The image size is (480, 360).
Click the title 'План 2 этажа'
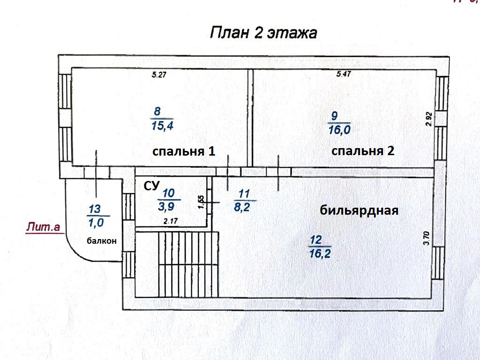point(263,33)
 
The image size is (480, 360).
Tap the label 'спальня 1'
point(184,151)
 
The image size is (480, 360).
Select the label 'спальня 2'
point(363,151)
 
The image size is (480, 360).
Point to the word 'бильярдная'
point(359,210)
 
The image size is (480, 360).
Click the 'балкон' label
point(101,241)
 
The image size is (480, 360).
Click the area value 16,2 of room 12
point(321,254)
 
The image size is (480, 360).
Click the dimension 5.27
point(159,74)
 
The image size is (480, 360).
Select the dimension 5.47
point(345,74)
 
